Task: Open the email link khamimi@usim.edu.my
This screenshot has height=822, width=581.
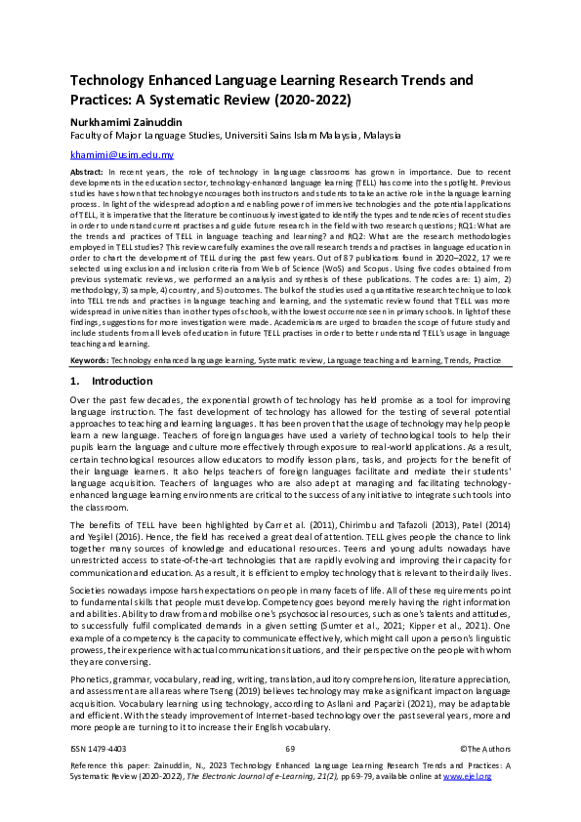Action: point(122,154)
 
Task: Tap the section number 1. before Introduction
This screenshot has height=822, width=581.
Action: point(76,381)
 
